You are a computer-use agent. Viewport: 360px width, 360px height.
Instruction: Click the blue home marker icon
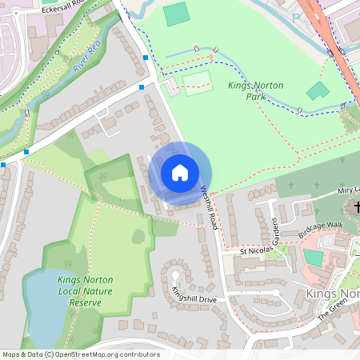[180, 172]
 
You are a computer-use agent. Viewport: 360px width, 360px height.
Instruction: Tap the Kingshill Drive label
[194, 294]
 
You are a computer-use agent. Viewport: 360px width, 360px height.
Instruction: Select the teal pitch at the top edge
[176, 14]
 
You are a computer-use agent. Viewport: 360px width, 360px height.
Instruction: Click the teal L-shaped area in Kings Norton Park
[318, 90]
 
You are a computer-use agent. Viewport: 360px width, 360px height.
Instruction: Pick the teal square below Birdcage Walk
[313, 258]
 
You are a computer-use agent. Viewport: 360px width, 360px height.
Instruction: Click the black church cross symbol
[356, 207]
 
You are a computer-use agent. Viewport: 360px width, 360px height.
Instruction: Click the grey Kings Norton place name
[332, 294]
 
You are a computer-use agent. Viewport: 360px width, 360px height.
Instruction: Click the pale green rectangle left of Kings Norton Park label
[198, 84]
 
